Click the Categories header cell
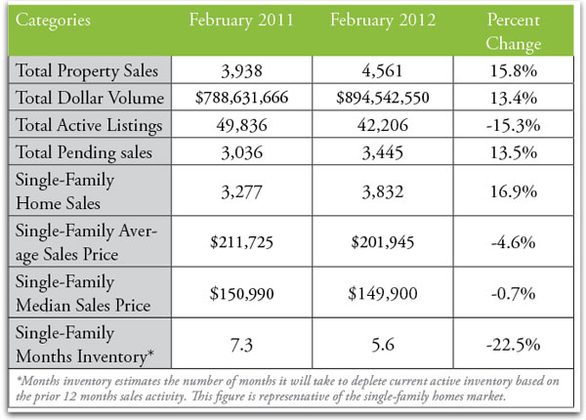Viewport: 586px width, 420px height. pyautogui.click(x=58, y=19)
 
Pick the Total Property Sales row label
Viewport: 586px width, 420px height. pyautogui.click(x=83, y=70)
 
